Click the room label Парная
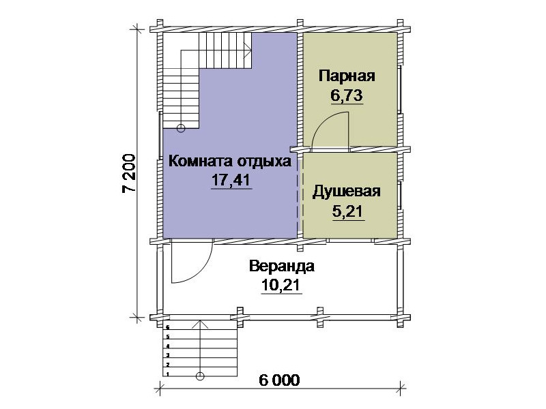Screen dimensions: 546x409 347,76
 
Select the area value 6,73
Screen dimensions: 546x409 347,95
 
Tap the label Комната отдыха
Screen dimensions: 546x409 230,162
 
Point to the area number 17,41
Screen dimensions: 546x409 231,180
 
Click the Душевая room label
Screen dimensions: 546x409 347,192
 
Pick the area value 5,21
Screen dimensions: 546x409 347,211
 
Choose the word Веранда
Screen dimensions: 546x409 282,267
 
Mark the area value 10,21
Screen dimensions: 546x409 281,285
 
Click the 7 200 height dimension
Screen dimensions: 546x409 129,173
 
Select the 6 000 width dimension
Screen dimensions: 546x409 279,380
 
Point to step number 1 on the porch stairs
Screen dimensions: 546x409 168,374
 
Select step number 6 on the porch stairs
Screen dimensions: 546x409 168,327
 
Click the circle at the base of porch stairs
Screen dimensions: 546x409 200,376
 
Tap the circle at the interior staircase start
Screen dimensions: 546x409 181,128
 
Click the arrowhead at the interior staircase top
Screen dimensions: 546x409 248,50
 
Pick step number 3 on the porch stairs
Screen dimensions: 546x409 168,355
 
